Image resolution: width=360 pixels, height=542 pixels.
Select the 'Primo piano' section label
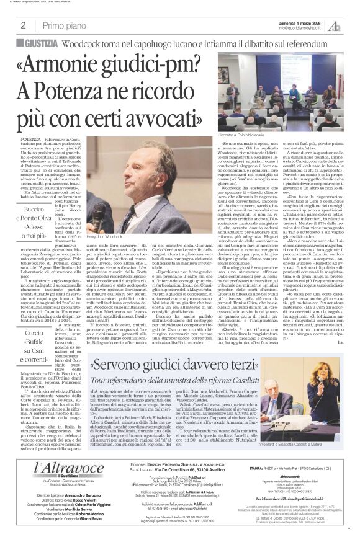point(61,25)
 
